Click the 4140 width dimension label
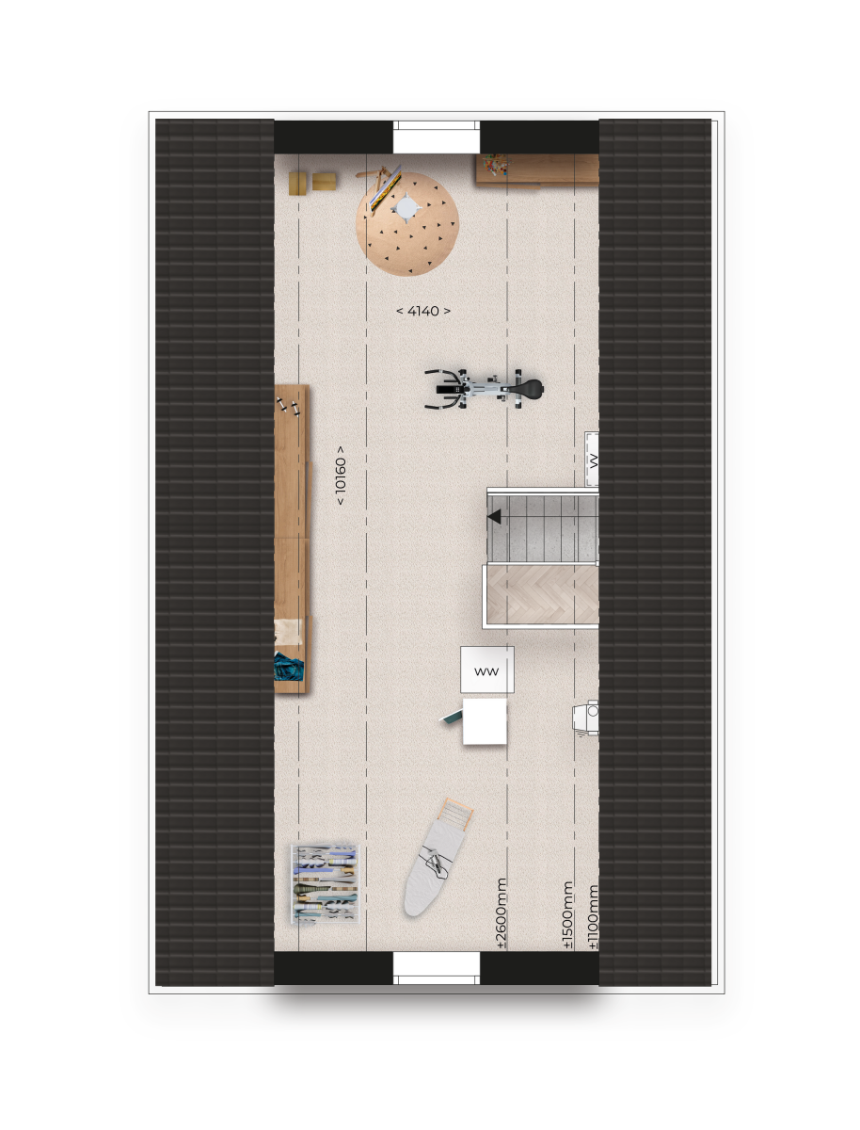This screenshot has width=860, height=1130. coord(422,311)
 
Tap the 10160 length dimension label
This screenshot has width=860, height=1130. coord(340,475)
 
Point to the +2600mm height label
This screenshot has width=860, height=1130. coord(502,912)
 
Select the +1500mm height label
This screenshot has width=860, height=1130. coord(567,914)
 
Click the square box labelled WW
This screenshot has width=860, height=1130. coord(486,670)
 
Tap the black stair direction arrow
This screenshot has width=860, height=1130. coord(494,516)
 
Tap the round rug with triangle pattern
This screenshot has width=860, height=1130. coord(406,223)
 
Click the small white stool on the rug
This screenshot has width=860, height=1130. coord(406,207)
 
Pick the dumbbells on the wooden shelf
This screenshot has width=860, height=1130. coord(288,406)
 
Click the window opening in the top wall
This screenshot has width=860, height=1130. coord(437,137)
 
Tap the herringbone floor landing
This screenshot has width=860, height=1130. coord(542,594)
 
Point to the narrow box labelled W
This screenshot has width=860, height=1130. coord(592,459)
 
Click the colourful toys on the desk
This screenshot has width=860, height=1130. coord(495,165)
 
